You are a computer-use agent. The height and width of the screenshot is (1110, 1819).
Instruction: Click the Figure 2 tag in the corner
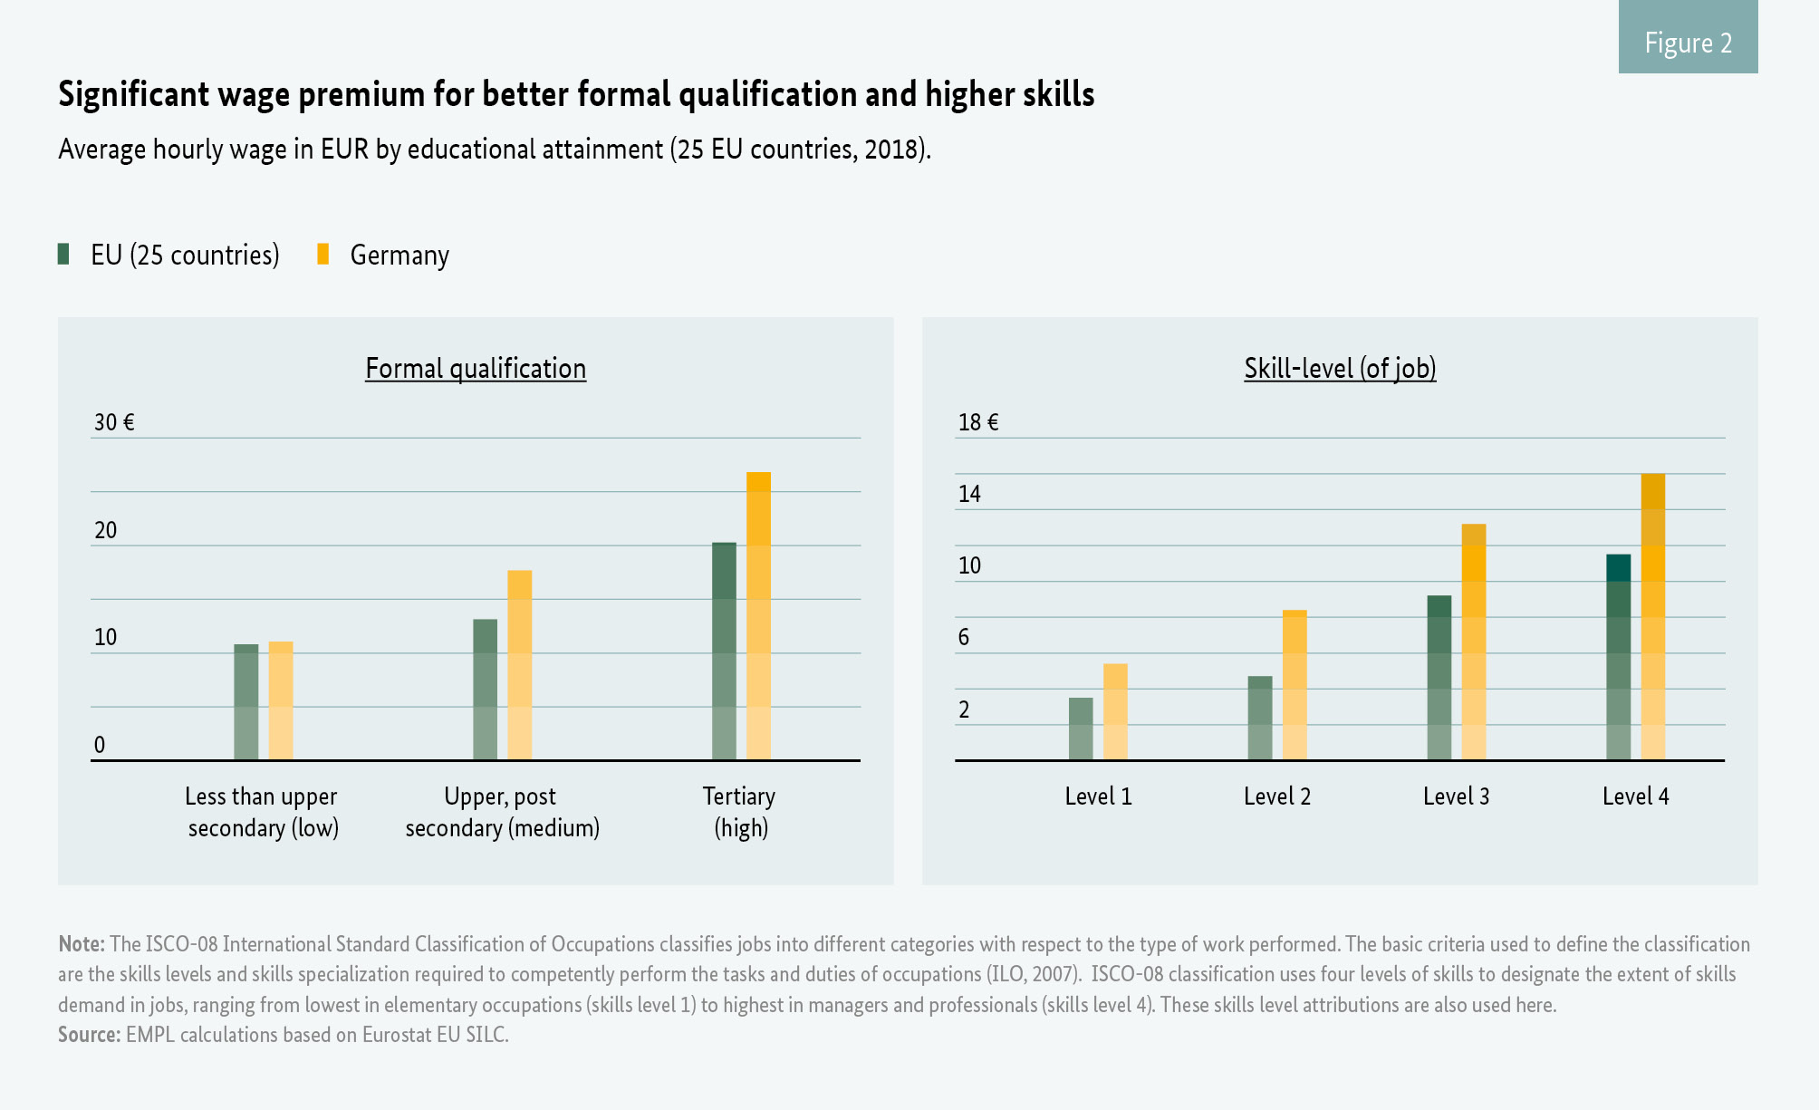pyautogui.click(x=1688, y=43)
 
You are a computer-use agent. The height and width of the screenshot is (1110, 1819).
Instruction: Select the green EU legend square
pyautogui.click(x=63, y=254)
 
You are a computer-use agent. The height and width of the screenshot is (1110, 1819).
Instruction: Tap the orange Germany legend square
pyautogui.click(x=323, y=254)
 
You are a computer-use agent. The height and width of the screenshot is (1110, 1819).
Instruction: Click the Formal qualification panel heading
pyautogui.click(x=476, y=368)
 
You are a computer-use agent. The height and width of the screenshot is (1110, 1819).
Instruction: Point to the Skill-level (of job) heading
pyautogui.click(x=1340, y=368)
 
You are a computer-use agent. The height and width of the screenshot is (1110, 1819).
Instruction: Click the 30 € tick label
pyautogui.click(x=114, y=422)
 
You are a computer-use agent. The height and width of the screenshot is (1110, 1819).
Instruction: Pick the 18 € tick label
pyautogui.click(x=978, y=422)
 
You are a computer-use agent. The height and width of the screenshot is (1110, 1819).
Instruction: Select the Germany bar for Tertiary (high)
pyautogui.click(x=758, y=616)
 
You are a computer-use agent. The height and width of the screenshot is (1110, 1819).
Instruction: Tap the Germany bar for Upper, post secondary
pyautogui.click(x=519, y=665)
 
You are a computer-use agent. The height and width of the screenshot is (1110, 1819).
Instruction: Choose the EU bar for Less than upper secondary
pyautogui.click(x=245, y=702)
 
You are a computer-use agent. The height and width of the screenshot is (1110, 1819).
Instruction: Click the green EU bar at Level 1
pyautogui.click(x=1081, y=729)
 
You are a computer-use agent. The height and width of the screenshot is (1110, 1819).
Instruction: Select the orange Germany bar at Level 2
pyautogui.click(x=1294, y=685)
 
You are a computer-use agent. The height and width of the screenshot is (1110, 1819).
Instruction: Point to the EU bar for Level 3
pyautogui.click(x=1439, y=678)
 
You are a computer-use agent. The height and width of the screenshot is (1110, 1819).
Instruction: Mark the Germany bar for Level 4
pyautogui.click(x=1653, y=617)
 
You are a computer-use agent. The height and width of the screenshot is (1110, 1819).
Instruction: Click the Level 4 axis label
pyautogui.click(x=1635, y=796)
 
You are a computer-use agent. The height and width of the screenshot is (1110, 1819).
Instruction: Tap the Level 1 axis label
pyautogui.click(x=1098, y=796)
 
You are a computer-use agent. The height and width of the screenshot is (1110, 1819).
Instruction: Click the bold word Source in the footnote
pyautogui.click(x=89, y=1035)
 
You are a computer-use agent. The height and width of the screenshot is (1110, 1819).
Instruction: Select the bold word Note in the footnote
pyautogui.click(x=81, y=944)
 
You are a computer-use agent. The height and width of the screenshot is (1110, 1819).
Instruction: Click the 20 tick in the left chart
pyautogui.click(x=106, y=530)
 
